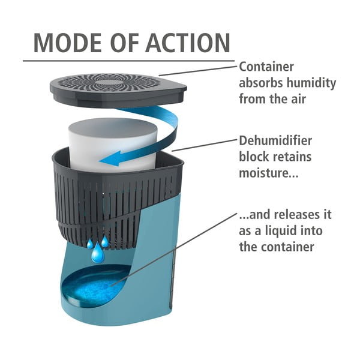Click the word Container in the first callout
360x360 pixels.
[x=266, y=67]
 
